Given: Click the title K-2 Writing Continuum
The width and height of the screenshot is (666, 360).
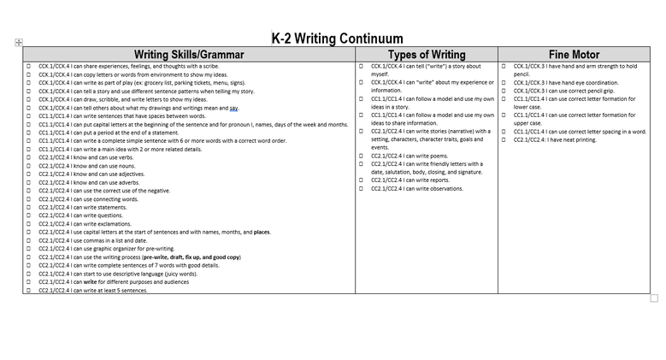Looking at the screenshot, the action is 337,38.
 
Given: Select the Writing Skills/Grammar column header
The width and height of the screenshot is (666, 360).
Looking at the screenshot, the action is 189,54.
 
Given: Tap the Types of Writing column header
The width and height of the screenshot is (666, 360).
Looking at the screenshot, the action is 427,54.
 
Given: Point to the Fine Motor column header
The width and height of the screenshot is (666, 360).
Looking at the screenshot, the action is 574,54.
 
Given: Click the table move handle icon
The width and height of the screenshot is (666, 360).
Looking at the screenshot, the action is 19,42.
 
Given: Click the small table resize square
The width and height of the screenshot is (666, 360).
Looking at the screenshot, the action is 654,298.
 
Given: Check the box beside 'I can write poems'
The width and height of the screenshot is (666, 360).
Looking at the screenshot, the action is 361,156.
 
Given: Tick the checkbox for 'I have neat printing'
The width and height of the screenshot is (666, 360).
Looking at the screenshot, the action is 504,139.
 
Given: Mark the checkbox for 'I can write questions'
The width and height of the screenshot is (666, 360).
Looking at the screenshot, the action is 28,215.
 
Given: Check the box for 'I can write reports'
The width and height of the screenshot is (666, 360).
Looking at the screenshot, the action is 361,180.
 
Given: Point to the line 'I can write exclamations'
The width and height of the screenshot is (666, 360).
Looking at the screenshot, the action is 85,224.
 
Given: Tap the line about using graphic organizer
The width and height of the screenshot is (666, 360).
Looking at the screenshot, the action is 106,249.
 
